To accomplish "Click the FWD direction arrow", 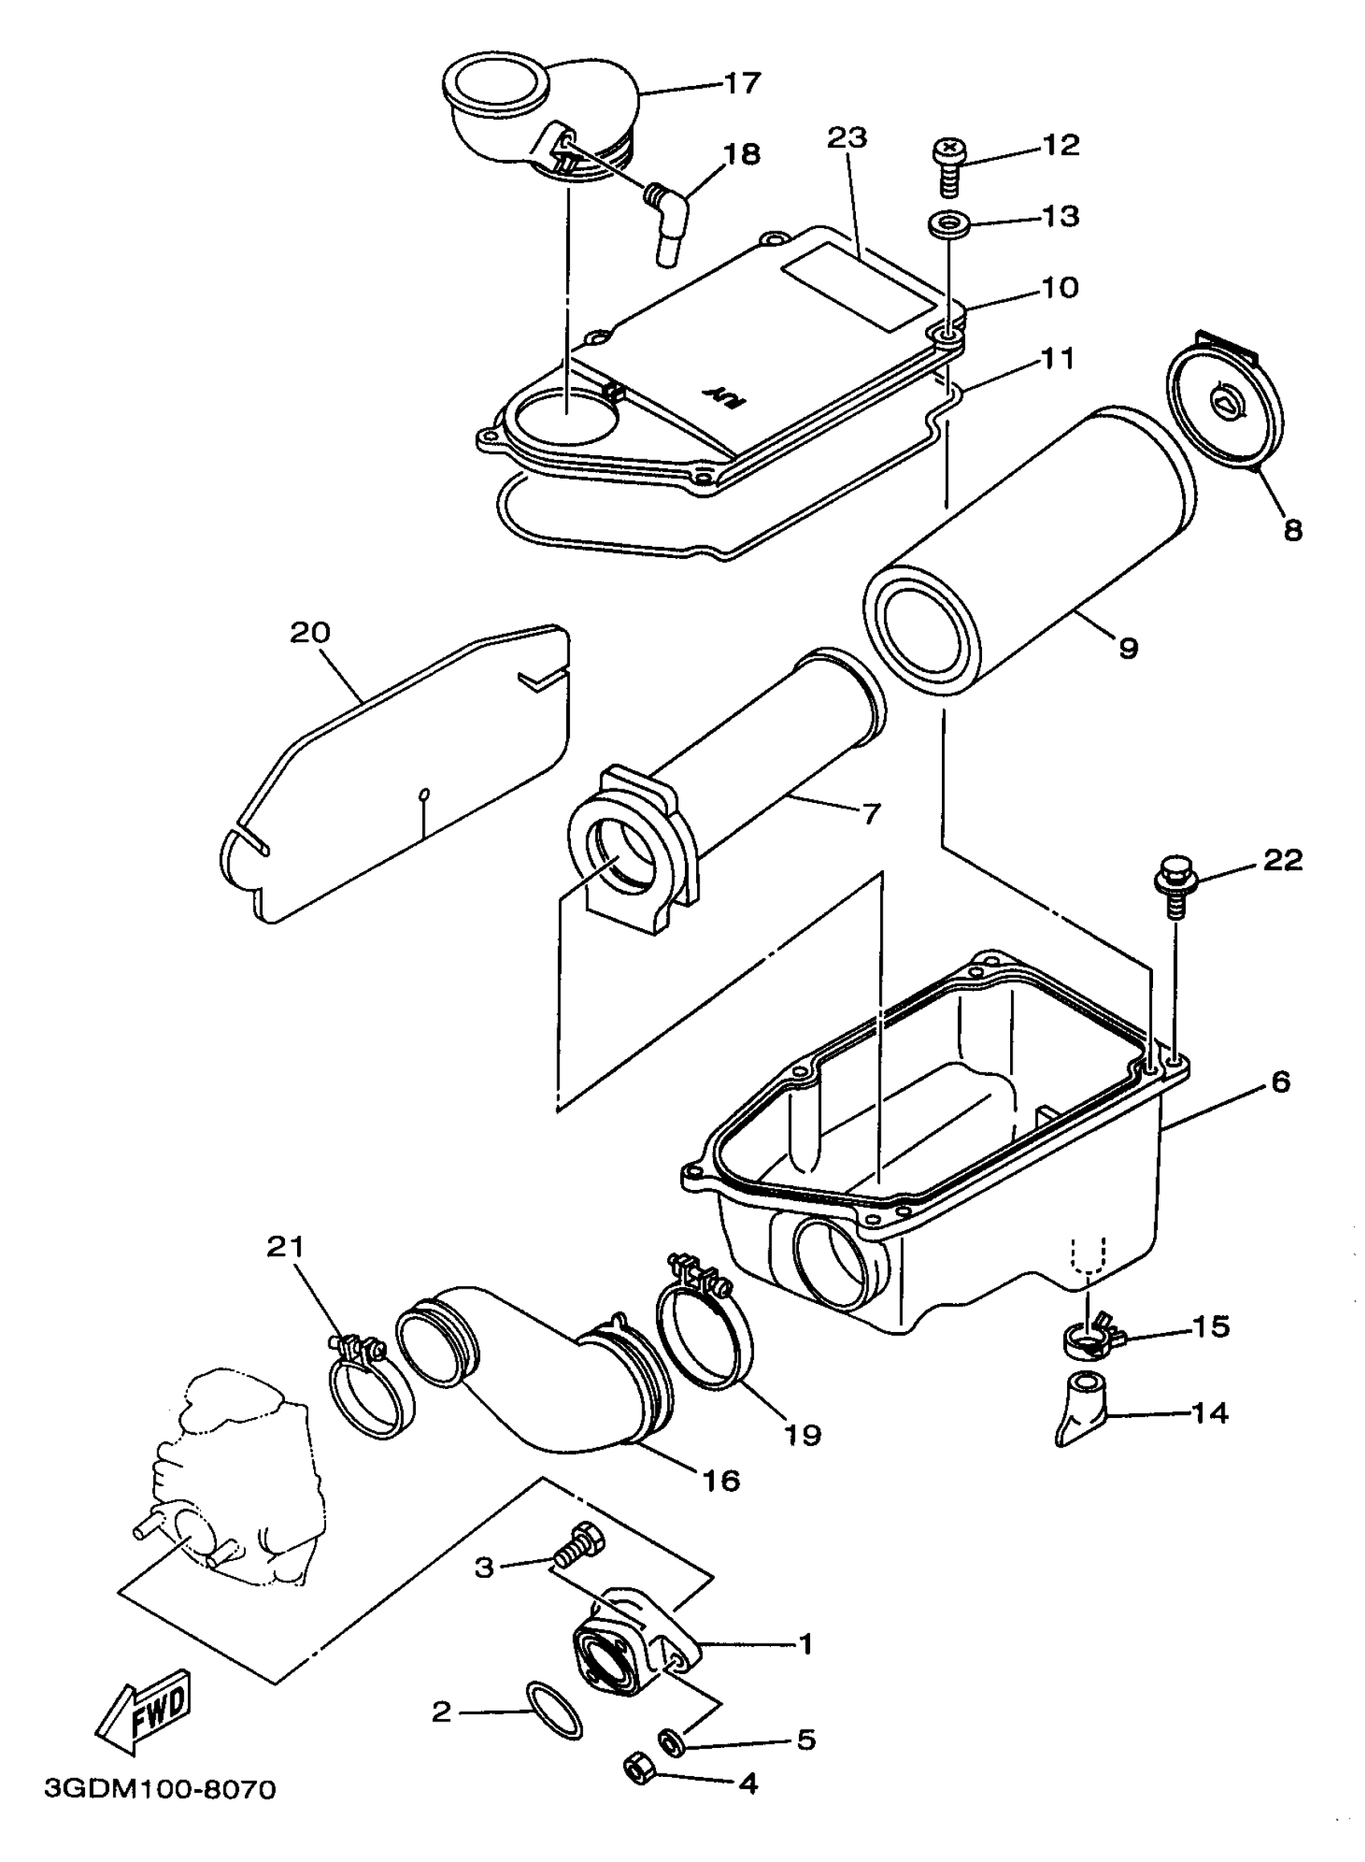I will click(x=145, y=1711).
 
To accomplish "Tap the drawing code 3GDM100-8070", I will click(x=160, y=1789).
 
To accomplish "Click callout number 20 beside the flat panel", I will click(x=310, y=634).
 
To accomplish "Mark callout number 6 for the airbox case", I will click(x=1279, y=1082).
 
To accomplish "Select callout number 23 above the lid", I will click(x=847, y=138).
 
